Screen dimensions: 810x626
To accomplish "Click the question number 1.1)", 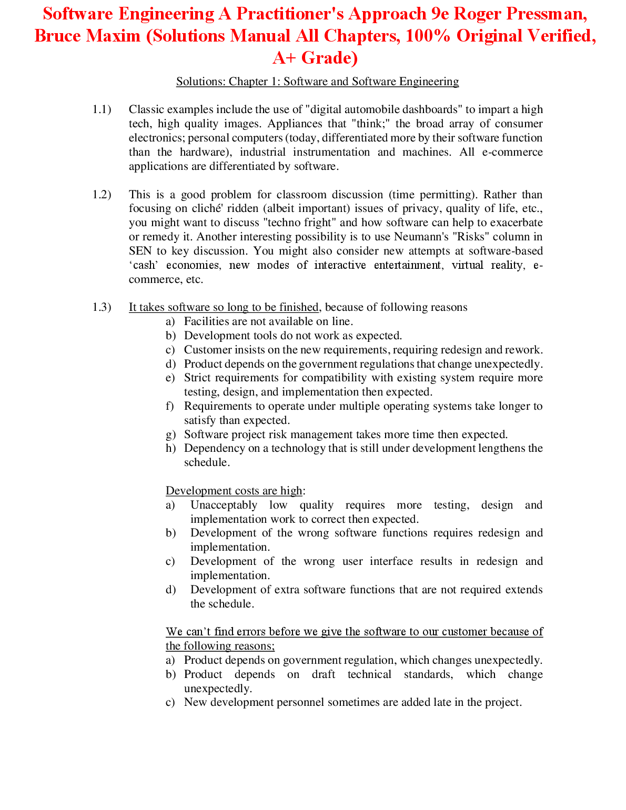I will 102,109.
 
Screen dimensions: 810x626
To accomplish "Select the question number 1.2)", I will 102,195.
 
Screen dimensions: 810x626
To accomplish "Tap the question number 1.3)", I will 102,307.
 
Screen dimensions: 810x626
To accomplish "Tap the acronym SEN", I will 140,251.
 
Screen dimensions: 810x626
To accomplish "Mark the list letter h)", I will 170,448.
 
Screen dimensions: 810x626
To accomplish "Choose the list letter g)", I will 170,434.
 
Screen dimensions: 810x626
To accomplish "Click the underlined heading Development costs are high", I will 234,491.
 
